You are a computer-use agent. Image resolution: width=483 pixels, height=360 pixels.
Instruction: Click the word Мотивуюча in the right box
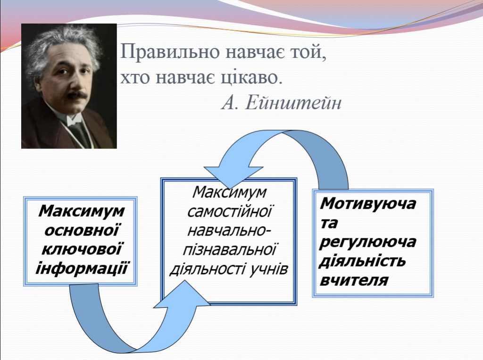coord(368,204)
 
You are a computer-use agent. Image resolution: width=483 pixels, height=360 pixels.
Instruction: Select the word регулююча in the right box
coord(368,242)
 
